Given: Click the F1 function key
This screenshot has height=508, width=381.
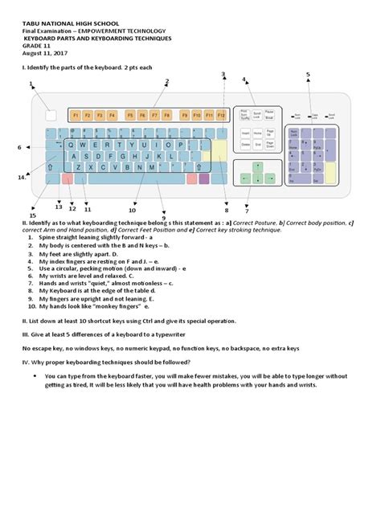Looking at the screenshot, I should (76, 115).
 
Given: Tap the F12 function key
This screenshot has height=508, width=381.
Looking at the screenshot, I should (221, 115).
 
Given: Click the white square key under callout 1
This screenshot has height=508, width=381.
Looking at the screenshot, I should (51, 115).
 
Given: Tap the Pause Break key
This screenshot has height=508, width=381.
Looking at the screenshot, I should (269, 113).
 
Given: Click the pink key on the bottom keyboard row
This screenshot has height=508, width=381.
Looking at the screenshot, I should (67, 179).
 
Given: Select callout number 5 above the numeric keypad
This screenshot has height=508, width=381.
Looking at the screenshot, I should (307, 75).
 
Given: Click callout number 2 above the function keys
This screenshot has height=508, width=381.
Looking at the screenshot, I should (167, 81).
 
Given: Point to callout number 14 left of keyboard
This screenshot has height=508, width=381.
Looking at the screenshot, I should (22, 177).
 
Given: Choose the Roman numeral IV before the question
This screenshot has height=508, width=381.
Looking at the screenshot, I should (26, 360).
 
